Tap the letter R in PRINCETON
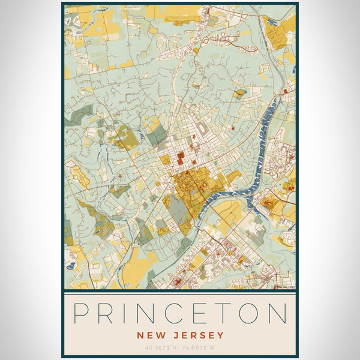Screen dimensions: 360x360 tap(107, 314)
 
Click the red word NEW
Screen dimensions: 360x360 tap(149, 335)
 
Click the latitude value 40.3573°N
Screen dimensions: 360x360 tap(161, 347)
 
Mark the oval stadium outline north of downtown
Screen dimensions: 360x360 tap(202, 128)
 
